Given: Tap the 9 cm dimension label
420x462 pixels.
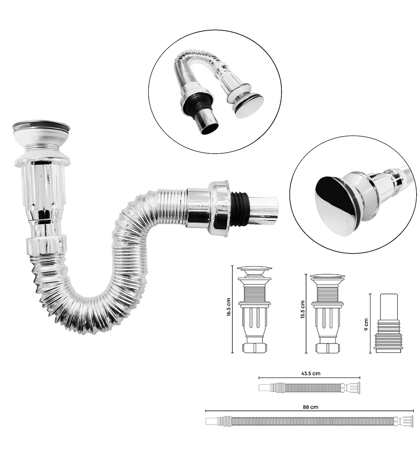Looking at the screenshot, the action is pos(366,325).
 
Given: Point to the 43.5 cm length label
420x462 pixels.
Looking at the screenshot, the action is pos(311,373).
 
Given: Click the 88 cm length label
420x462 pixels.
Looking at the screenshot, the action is pos(310,407).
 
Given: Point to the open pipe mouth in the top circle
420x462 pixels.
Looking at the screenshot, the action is pos(211,126).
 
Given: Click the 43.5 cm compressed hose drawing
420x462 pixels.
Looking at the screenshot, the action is pos(310,387).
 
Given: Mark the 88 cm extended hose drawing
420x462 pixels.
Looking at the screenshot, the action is pos(310,421).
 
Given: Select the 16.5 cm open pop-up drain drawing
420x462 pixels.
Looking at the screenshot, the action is pos(255,310).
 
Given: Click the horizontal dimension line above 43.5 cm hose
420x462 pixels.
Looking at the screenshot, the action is pos(310,378).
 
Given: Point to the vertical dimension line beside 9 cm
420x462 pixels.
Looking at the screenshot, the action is pos(370,323).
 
